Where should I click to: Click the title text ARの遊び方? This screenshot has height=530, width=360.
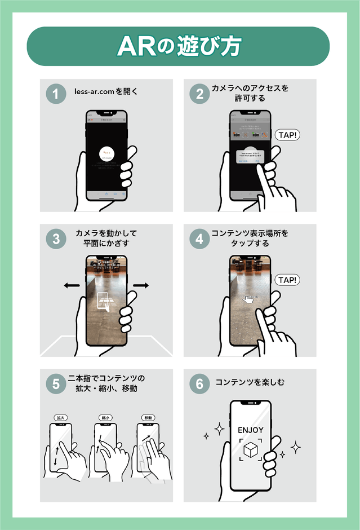point(179,47)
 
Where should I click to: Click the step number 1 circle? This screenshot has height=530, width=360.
point(56,94)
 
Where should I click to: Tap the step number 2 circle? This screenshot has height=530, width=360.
point(199,94)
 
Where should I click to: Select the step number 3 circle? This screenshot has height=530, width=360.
point(56,238)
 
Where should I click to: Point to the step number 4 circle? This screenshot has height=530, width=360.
point(199,238)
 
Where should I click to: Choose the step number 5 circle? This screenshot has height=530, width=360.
point(56,384)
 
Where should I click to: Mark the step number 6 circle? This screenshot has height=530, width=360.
point(199,384)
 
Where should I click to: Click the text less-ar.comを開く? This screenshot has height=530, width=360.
point(106,91)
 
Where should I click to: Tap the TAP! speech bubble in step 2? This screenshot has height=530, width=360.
point(287,135)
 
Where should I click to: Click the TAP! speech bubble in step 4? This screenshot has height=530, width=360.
point(287,280)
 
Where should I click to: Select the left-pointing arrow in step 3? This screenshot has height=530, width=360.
point(72,286)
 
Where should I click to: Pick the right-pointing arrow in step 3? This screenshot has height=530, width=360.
point(141,286)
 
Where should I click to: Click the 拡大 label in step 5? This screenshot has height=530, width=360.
point(61,418)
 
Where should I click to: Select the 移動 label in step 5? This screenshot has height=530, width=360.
point(148,418)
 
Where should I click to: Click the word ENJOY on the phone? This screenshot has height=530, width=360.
point(250,430)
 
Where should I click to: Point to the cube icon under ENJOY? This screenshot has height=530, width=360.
point(250,450)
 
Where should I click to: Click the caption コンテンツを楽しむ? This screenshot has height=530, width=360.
point(250,382)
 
